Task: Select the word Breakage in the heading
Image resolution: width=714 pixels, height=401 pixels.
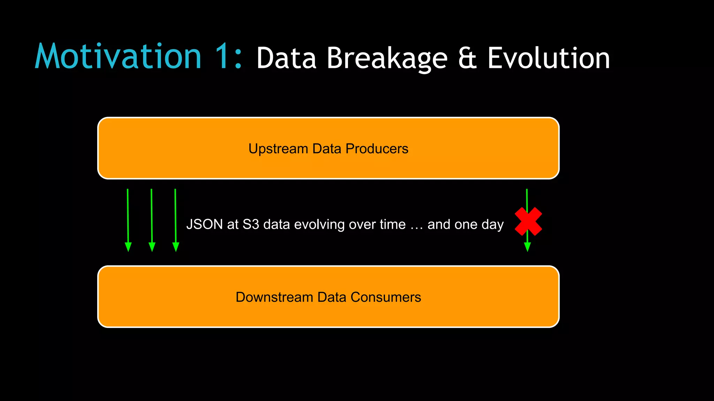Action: (x=387, y=58)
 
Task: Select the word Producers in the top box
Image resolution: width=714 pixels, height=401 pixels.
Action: (x=377, y=149)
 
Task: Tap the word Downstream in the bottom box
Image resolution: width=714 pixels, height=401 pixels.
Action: (x=274, y=297)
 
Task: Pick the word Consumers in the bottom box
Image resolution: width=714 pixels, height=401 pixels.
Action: (x=386, y=297)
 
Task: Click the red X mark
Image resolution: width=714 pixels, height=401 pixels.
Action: (x=528, y=221)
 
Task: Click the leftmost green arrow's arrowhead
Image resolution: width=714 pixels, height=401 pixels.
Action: (x=128, y=247)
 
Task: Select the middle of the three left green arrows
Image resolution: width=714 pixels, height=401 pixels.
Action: (x=152, y=219)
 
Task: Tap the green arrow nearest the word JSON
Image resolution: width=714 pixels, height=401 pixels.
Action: (x=175, y=219)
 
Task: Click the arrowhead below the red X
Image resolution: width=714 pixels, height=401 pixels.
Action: (x=527, y=247)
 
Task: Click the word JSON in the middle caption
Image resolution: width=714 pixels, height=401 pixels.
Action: (x=205, y=225)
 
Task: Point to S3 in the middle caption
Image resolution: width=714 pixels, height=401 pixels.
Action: (x=251, y=225)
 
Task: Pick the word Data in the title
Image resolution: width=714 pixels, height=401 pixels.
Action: (x=286, y=58)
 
